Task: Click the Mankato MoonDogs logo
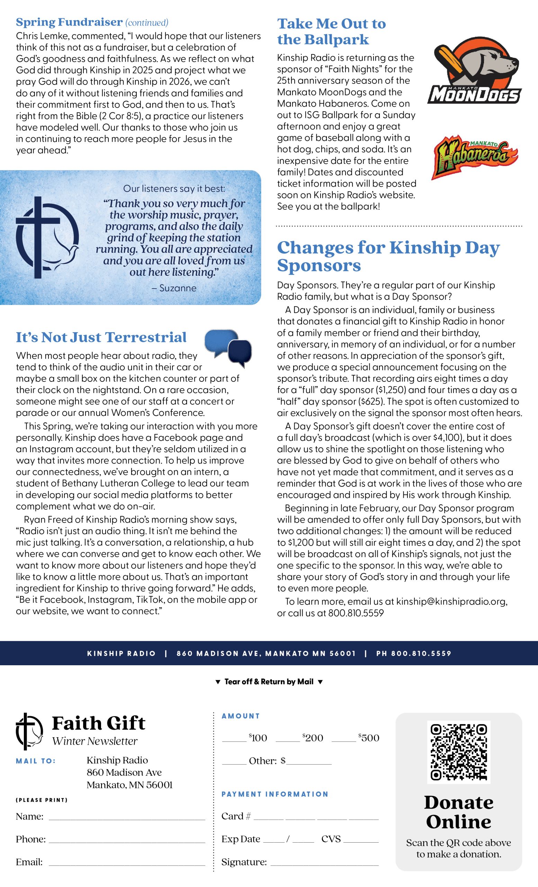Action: [474, 71]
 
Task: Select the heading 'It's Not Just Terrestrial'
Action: [101, 337]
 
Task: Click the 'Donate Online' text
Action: [458, 812]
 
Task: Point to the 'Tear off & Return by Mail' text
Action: [269, 682]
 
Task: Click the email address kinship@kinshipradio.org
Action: [452, 601]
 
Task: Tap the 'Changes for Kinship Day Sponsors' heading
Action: [388, 256]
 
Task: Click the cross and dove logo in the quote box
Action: [47, 238]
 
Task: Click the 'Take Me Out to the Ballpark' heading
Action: [331, 31]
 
